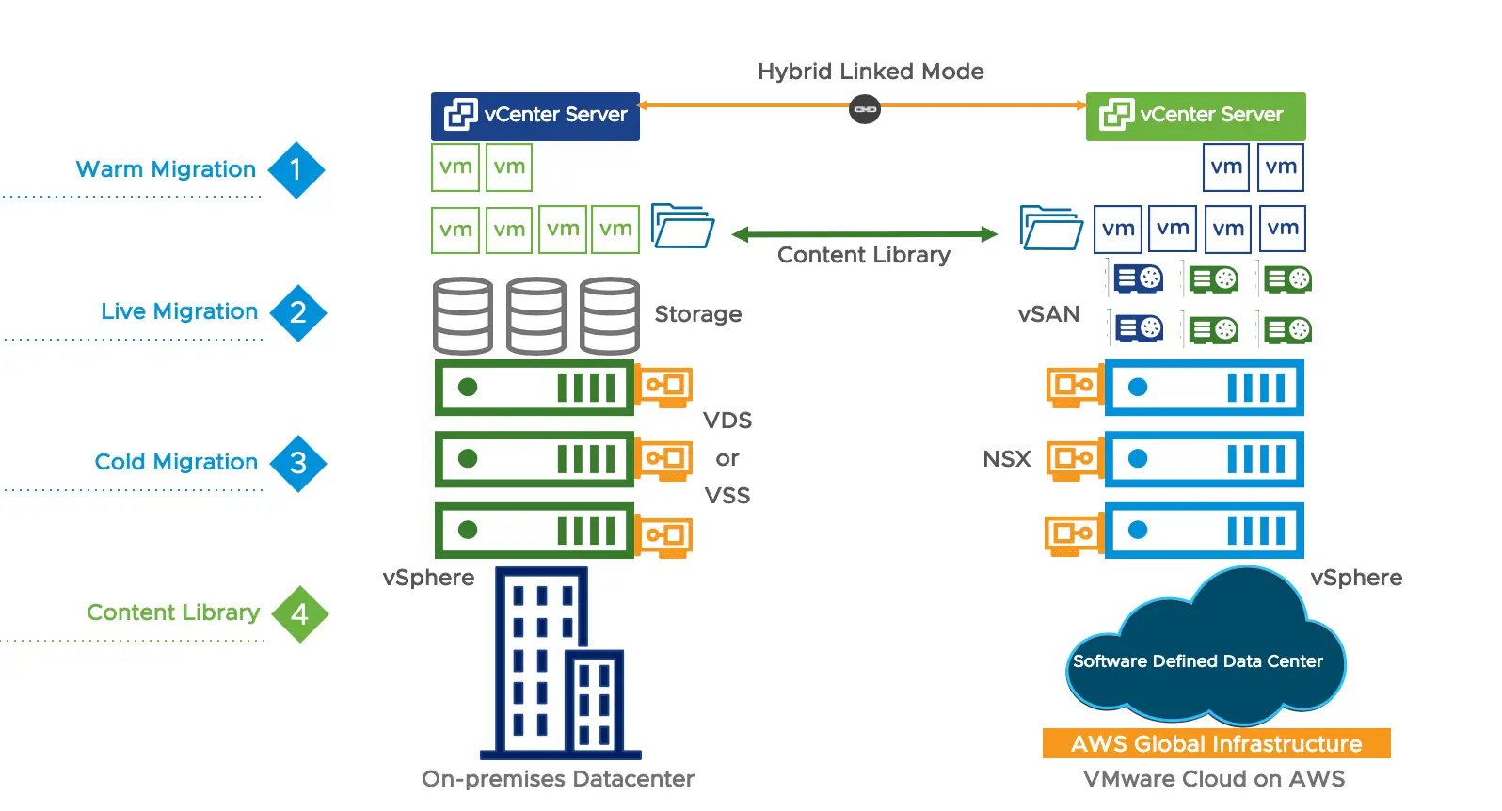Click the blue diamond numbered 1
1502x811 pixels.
296,170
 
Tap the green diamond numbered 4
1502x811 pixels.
299,614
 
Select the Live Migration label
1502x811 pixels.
179,311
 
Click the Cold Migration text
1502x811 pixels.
176,462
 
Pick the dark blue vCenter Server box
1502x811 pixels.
535,116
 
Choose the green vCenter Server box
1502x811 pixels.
1195,116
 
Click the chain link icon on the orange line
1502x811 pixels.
865,109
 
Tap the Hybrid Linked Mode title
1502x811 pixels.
871,72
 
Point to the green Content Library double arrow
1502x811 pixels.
864,234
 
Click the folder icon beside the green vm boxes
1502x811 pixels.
682,227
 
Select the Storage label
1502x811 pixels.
697,314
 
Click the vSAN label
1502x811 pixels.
1048,314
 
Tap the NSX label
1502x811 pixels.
1006,459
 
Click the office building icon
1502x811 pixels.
559,663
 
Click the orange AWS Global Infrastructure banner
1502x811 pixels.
1216,743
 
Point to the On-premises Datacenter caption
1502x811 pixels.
557,779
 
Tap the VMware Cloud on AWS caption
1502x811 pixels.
1213,779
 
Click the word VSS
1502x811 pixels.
727,496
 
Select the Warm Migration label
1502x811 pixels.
166,169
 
